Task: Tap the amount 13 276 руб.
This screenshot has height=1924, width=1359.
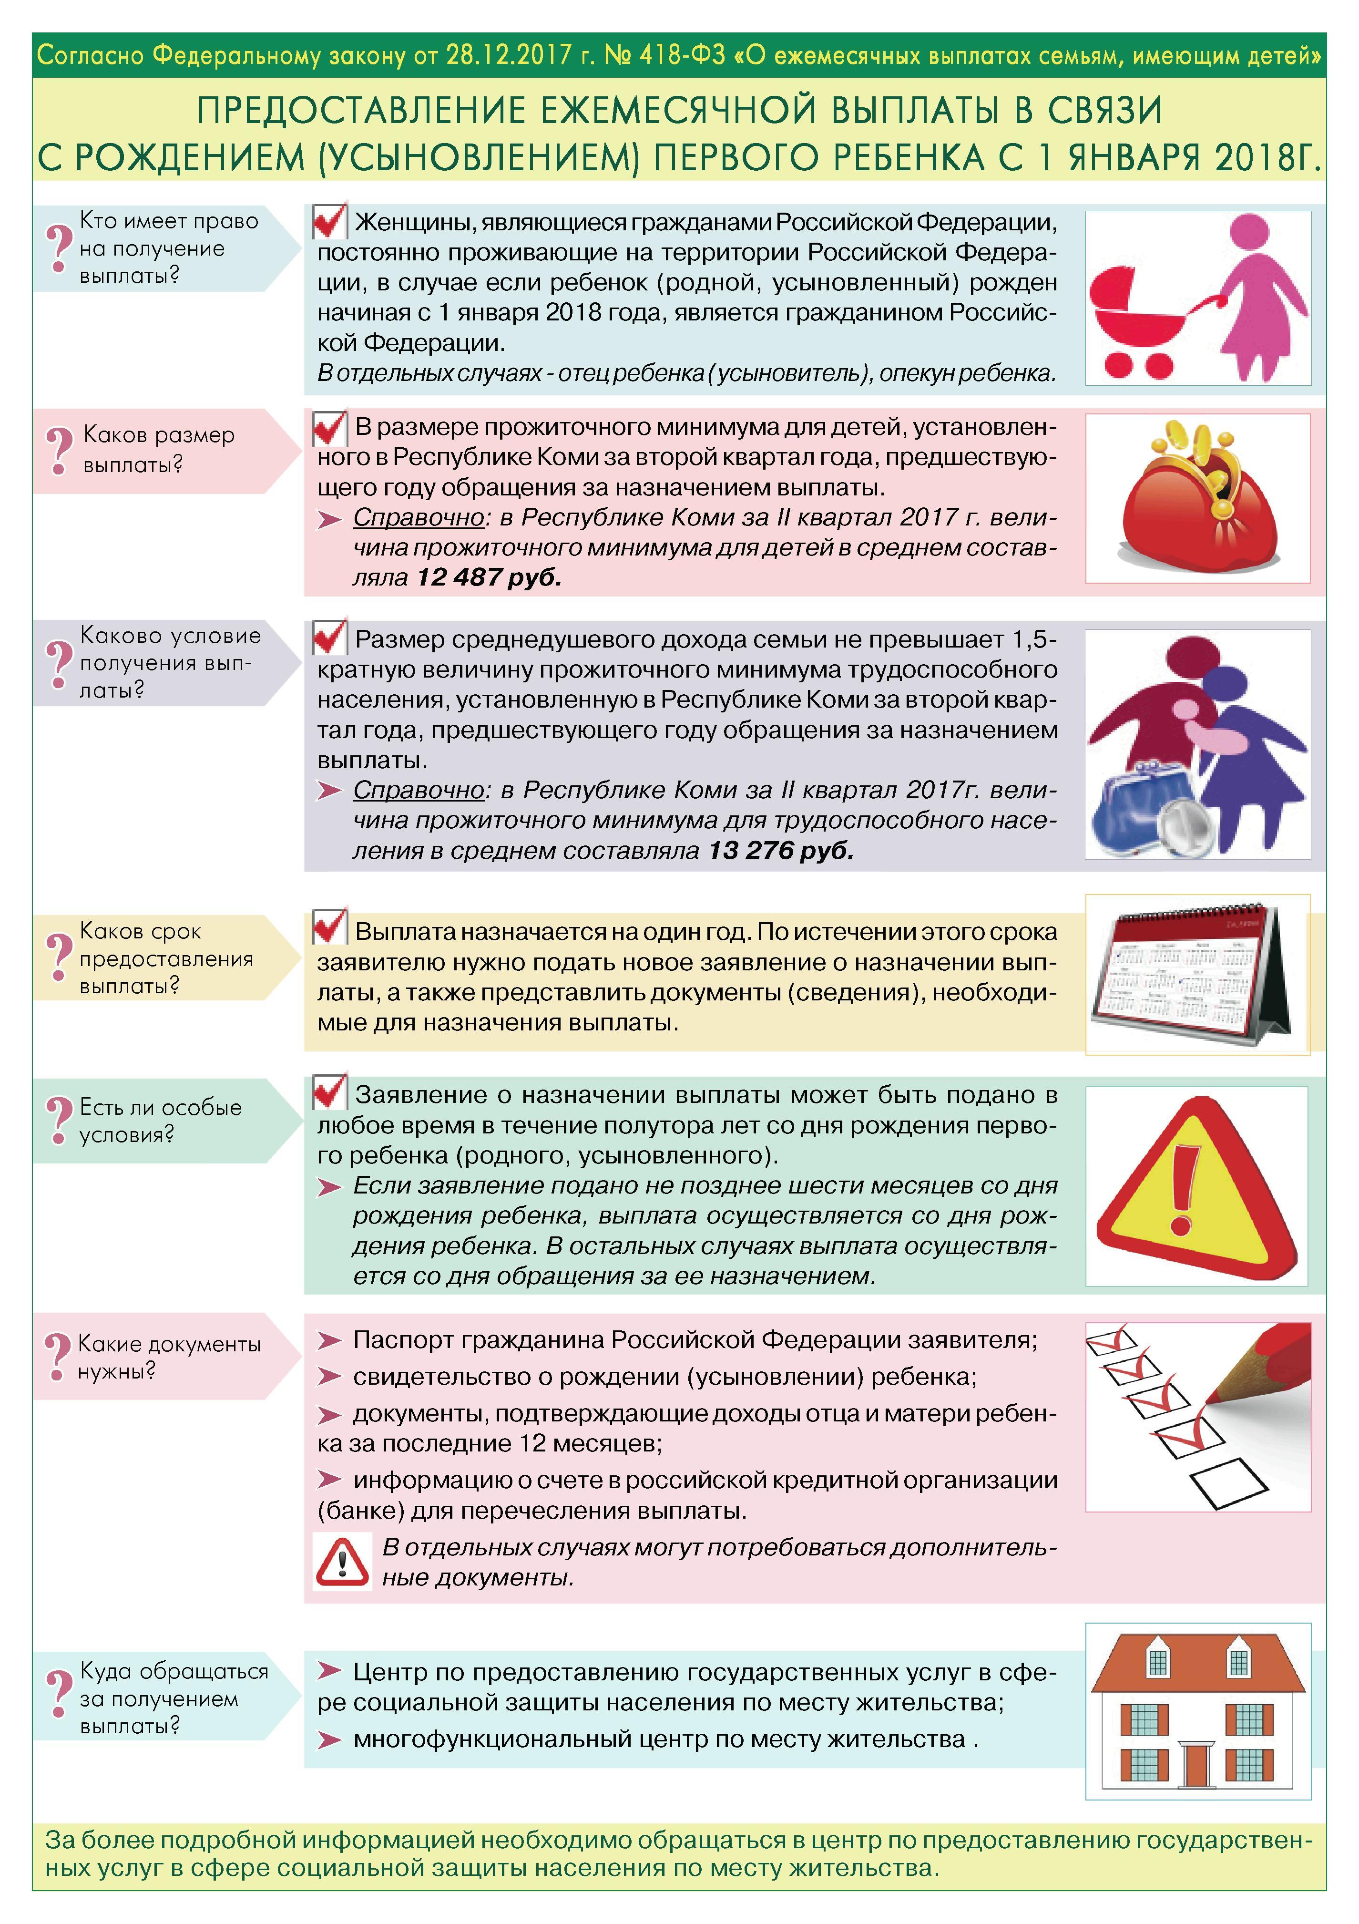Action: (781, 851)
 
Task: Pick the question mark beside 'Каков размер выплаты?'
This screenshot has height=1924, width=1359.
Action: (58, 450)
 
